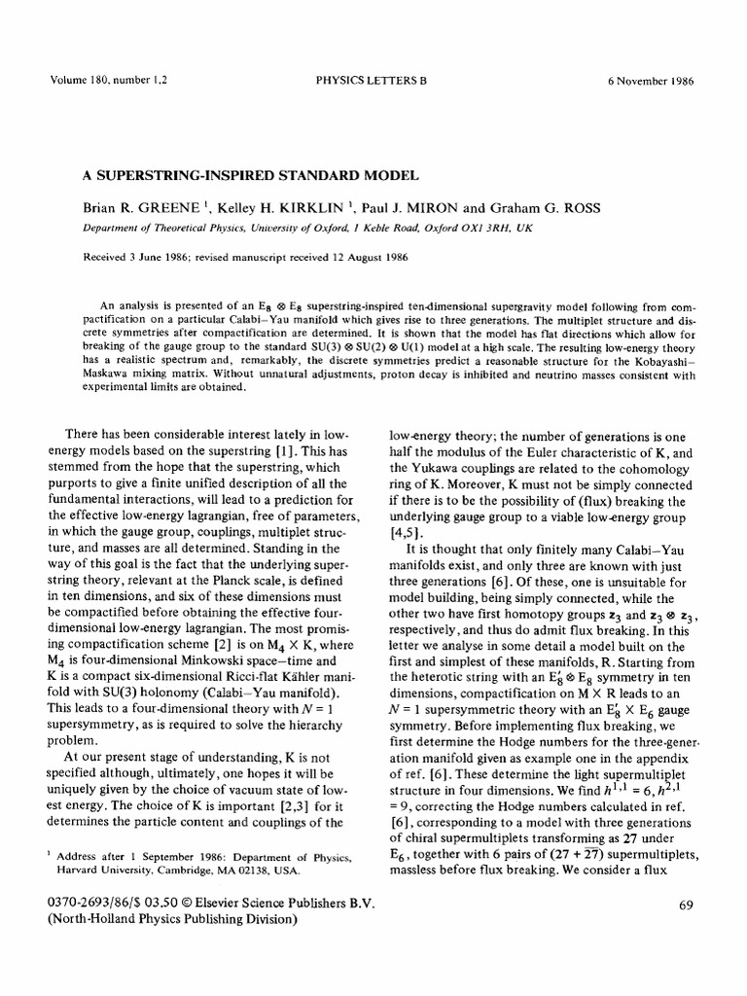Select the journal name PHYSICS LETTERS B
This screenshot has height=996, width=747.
pos(372,81)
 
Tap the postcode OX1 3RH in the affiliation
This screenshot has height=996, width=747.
pos(480,226)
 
